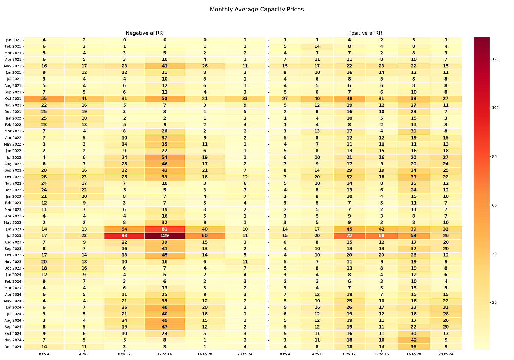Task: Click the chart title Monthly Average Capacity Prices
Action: pyautogui.click(x=257, y=10)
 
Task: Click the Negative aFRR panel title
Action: pyautogui.click(x=144, y=33)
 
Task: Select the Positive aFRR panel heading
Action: pyautogui.click(x=365, y=33)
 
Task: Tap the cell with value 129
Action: pyautogui.click(x=165, y=236)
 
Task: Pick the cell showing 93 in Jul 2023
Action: pyautogui.click(x=125, y=236)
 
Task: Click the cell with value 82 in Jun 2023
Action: pyautogui.click(x=165, y=229)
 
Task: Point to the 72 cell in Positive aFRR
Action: pyautogui.click(x=349, y=236)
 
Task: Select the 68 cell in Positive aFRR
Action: pyautogui.click(x=382, y=236)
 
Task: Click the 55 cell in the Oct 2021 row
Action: pyautogui.click(x=44, y=99)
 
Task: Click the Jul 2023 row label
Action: pyautogui.click(x=14, y=236)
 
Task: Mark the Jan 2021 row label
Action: pyautogui.click(x=14, y=40)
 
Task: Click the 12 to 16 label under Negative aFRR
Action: pyautogui.click(x=165, y=354)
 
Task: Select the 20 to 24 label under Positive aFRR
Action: pyautogui.click(x=446, y=354)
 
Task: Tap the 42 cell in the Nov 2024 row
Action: pyautogui.click(x=414, y=340)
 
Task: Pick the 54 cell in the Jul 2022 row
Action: pyautogui.click(x=165, y=158)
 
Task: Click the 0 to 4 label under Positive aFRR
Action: pyautogui.click(x=285, y=354)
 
